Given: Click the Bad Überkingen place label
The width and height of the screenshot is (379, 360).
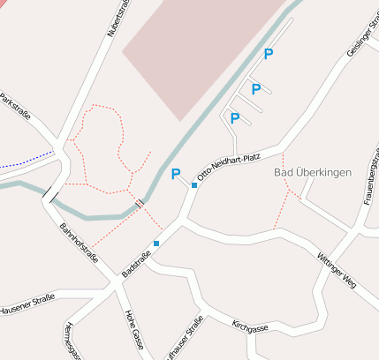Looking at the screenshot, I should click(313, 171).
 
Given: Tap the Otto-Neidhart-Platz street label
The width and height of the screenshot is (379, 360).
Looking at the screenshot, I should click(227, 164).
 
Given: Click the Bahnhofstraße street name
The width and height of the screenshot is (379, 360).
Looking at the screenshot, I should click(78, 244).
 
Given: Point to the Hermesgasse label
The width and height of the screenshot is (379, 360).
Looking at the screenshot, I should click(73, 341).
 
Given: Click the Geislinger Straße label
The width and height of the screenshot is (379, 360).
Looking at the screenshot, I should click(361, 39).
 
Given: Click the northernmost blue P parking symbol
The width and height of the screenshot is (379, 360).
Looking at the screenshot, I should click(268, 55).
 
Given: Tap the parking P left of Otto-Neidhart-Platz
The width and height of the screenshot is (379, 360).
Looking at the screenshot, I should click(175, 175).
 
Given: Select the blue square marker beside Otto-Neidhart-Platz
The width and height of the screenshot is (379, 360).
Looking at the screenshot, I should click(194, 185).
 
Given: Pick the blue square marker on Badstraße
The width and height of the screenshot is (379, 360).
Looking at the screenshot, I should click(156, 244).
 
